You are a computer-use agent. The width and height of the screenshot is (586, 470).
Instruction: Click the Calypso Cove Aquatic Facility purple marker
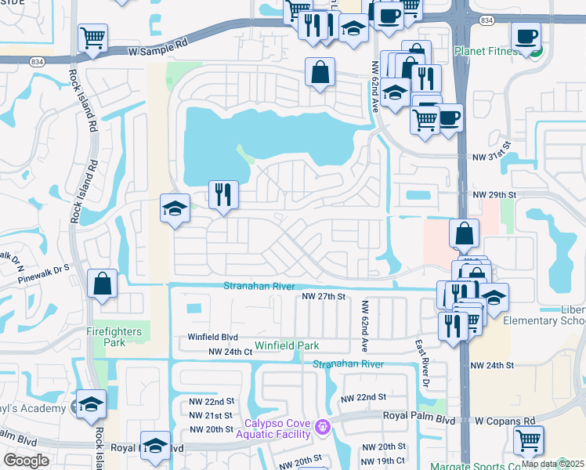(321, 428)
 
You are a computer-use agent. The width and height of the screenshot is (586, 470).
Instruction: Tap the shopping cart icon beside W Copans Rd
(529, 440)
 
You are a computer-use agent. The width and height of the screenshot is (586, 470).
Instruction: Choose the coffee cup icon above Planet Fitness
(526, 36)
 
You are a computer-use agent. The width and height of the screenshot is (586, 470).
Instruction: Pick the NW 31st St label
(491, 145)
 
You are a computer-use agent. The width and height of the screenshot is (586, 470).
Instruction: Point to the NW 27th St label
(324, 297)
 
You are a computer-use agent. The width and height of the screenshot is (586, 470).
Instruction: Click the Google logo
(27, 460)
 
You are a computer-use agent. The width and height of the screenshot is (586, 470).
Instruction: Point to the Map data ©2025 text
(552, 464)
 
